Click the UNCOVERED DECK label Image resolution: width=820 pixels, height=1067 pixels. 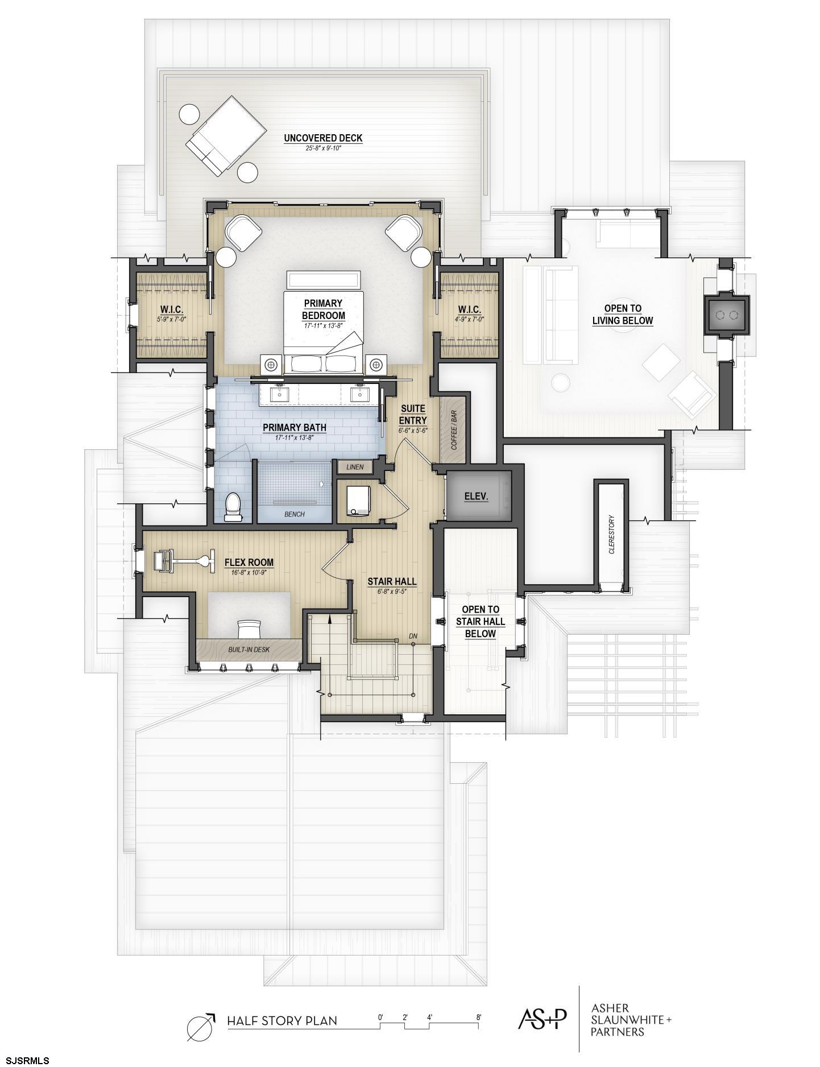323,138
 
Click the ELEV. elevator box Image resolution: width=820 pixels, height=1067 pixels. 477,496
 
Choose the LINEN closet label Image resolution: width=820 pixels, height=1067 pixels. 355,467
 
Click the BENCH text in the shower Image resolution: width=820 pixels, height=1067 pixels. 295,514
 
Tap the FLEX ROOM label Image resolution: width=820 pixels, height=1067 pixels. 249,563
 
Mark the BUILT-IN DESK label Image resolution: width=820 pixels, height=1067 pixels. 249,649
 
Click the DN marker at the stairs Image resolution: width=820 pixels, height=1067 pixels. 413,636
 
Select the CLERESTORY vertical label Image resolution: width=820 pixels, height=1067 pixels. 612,535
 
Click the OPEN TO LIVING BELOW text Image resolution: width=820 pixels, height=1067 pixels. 623,315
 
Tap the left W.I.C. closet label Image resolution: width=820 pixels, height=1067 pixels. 171,309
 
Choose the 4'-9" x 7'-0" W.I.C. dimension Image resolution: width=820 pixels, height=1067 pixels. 470,319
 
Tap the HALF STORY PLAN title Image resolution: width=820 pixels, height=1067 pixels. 282,1020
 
